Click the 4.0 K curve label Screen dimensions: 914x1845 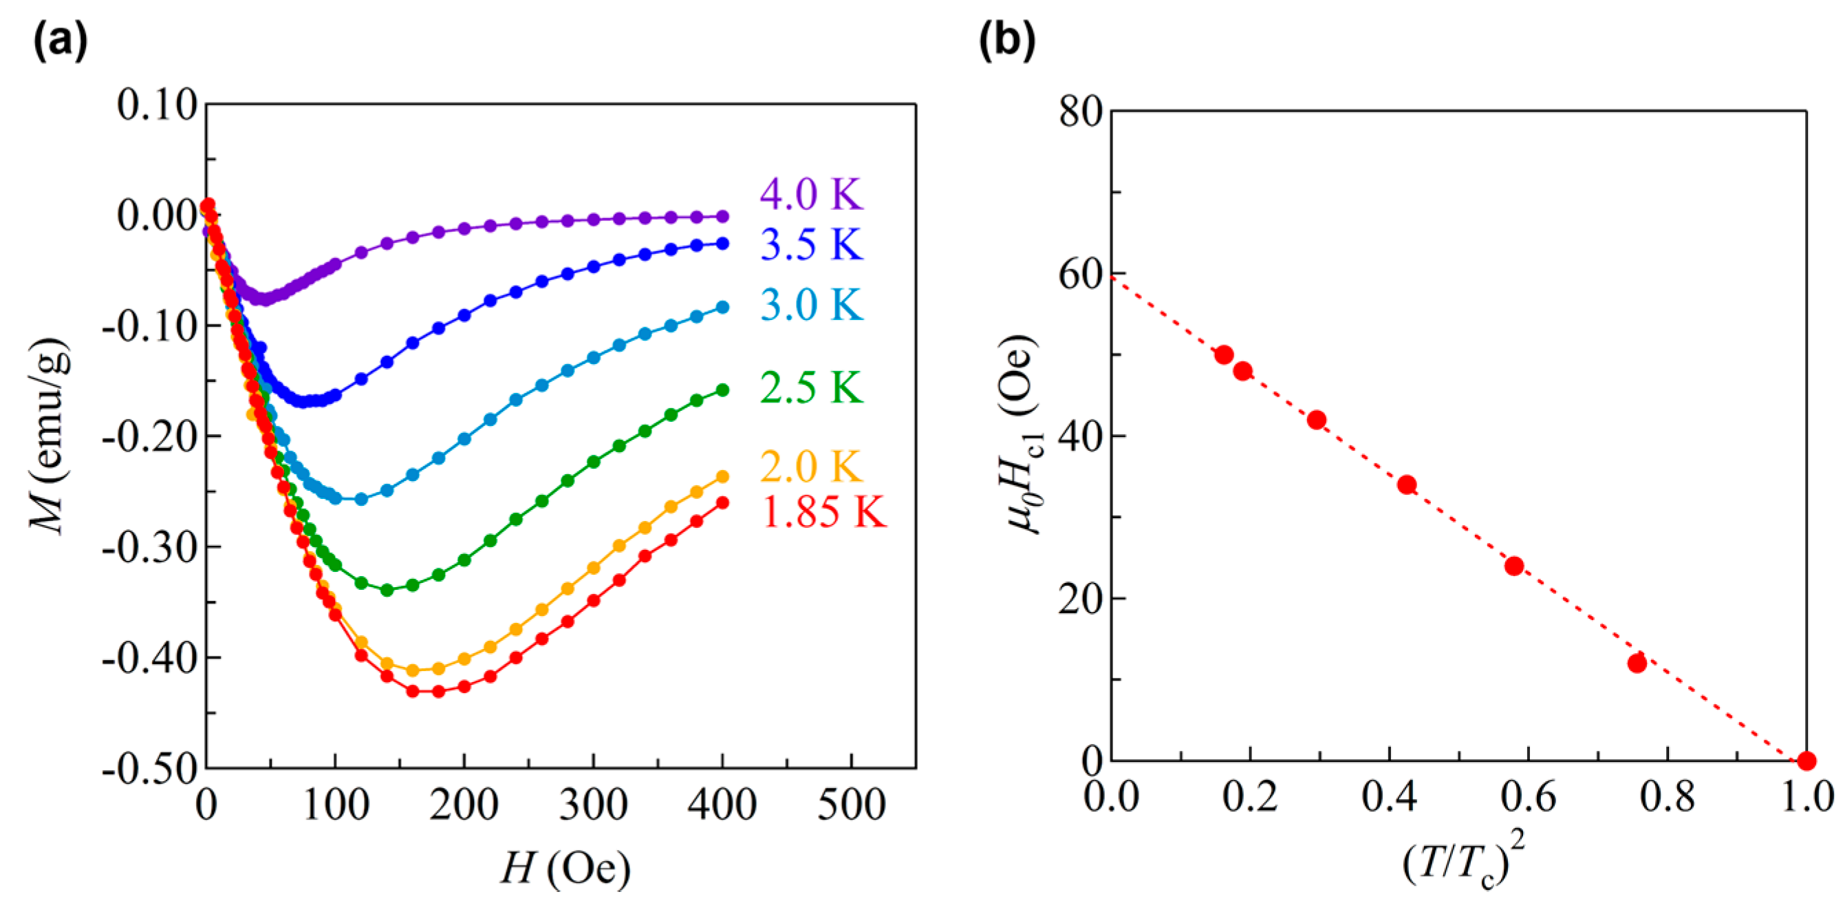(812, 194)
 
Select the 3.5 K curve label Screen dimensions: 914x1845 (812, 245)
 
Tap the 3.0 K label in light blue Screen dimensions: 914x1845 (812, 305)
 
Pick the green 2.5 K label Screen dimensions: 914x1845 (812, 388)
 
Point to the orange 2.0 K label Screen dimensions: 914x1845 (812, 467)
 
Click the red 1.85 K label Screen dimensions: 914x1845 (823, 513)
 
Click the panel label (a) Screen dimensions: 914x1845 (60, 41)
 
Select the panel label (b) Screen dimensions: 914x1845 (1007, 41)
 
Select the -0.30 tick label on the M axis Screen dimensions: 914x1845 (150, 548)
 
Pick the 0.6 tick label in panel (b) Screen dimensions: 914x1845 (1529, 796)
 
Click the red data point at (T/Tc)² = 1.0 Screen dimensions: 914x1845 (1806, 761)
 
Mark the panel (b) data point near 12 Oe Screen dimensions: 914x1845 (1637, 663)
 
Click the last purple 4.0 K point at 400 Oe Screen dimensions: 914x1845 (723, 216)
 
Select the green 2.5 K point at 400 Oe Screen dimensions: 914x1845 (723, 390)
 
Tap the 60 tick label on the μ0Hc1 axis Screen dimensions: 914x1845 (1079, 275)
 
